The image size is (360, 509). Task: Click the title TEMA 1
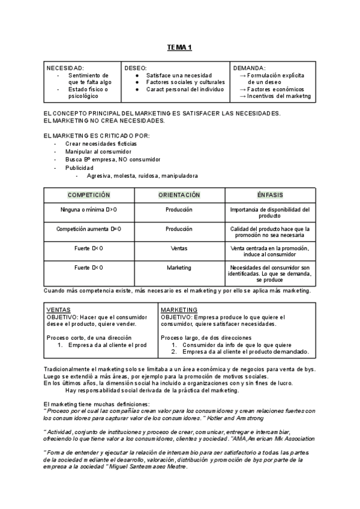[x=179, y=47]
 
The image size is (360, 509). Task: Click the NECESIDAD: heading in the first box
[x=65, y=68]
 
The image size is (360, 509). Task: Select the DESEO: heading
[x=136, y=68]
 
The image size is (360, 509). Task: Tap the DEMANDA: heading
[x=249, y=68]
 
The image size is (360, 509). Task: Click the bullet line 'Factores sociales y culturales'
[x=185, y=82]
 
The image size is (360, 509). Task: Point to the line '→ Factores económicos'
[x=269, y=89]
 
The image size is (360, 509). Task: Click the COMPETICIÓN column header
[x=89, y=195]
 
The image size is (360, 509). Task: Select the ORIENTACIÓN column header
[x=179, y=195]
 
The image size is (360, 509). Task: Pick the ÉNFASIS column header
[x=269, y=195]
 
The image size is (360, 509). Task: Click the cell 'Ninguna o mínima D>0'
[x=89, y=210]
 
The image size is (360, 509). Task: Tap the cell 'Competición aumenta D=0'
[x=89, y=229]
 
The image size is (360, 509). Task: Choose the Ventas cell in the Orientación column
[x=179, y=248]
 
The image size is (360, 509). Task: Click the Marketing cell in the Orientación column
[x=179, y=268]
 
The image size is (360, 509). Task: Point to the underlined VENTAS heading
[x=58, y=310]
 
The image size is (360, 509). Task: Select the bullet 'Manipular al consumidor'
[x=98, y=152]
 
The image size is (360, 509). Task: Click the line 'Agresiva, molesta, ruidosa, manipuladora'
[x=142, y=176]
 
